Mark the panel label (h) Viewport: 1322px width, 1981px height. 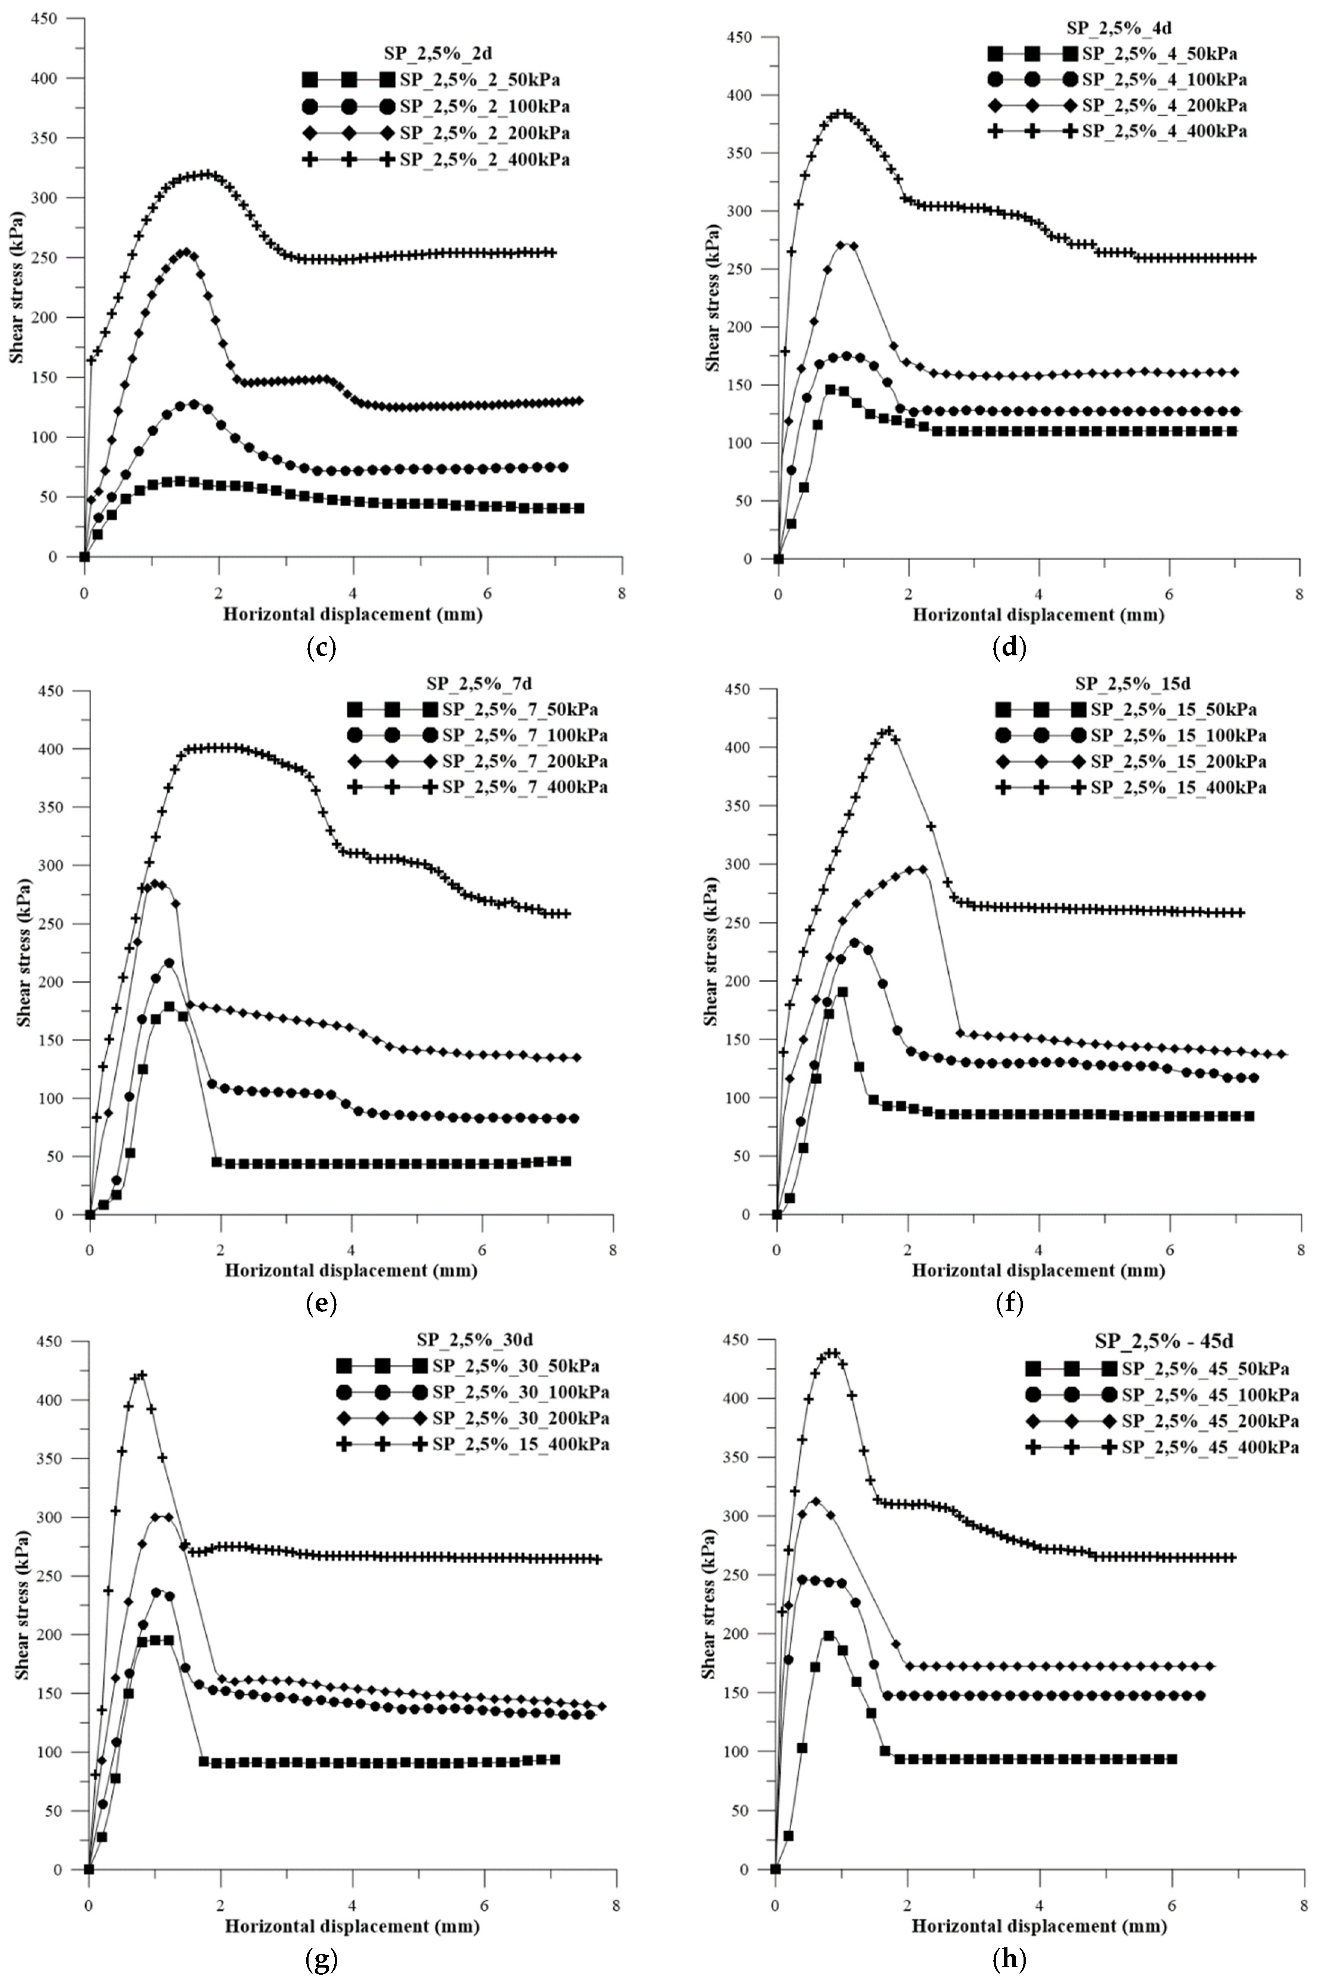pyautogui.click(x=1010, y=1959)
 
